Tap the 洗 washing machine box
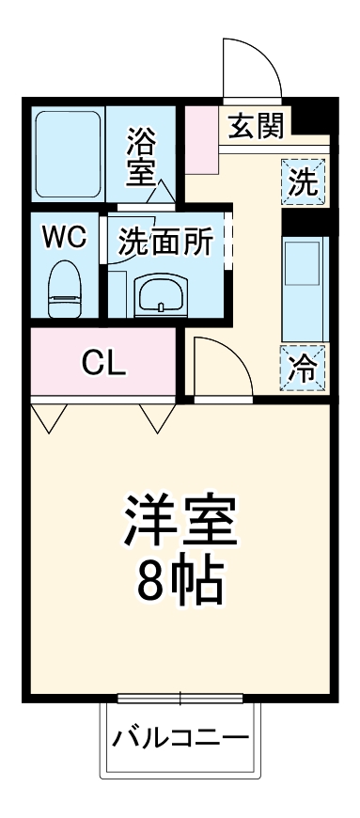coord(303,181)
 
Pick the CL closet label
coord(102,363)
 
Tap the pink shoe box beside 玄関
coord(201,140)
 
